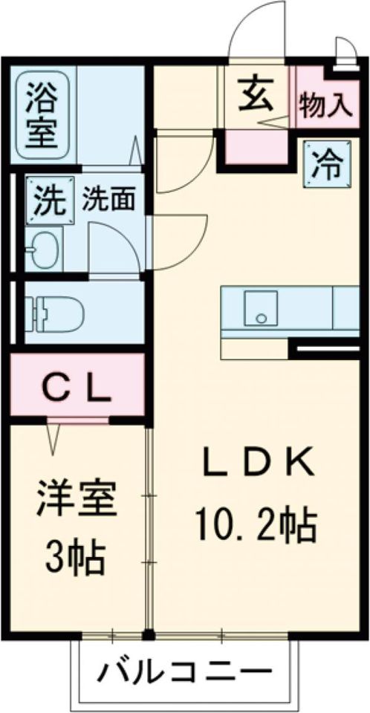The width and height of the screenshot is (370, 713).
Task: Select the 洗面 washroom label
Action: pos(108,198)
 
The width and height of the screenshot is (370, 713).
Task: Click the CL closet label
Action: pos(77,387)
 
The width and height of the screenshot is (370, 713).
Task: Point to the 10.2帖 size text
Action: pos(256,525)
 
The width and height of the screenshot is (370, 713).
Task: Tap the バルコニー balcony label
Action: pos(184,674)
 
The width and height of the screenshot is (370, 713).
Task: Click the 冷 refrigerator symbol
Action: pos(325,163)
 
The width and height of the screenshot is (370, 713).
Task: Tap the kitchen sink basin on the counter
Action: pos(260,307)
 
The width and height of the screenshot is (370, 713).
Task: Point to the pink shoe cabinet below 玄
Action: pos(256,147)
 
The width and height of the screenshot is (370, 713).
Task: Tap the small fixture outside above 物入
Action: pos(343,54)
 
